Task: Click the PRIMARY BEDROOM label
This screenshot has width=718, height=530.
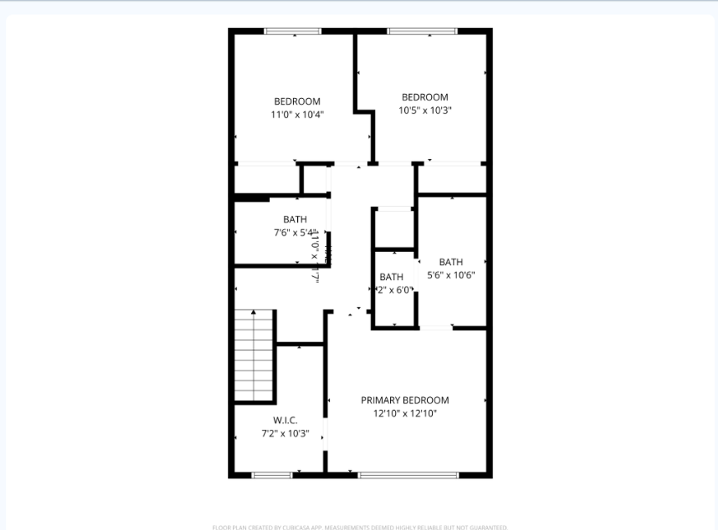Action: click(x=404, y=400)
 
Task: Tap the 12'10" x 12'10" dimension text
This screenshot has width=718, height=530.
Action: click(x=404, y=414)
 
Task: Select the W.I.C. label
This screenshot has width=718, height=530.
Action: click(x=285, y=420)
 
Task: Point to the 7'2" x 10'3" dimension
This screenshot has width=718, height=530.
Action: click(x=285, y=433)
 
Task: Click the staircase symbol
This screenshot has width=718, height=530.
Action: click(x=254, y=356)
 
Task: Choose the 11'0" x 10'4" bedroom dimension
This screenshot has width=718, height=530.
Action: click(x=297, y=115)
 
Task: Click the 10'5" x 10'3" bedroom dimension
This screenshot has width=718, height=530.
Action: click(x=425, y=111)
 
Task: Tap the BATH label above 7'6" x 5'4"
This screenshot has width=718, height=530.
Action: click(x=294, y=219)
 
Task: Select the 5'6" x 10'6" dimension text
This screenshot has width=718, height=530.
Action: click(x=451, y=275)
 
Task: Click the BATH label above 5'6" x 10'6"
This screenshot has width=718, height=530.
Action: click(x=451, y=262)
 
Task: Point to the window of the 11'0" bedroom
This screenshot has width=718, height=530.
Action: click(x=293, y=31)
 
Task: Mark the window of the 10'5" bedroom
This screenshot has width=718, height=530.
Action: click(x=430, y=31)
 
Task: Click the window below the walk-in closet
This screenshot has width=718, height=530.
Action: click(x=272, y=475)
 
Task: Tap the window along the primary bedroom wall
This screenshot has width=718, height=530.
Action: click(x=408, y=475)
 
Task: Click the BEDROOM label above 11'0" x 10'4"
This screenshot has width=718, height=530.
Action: click(x=297, y=101)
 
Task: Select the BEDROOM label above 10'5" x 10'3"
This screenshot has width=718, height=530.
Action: click(x=425, y=97)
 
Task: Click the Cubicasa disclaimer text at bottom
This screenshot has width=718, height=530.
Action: click(x=360, y=527)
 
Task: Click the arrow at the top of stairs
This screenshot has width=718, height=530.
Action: click(x=254, y=312)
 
